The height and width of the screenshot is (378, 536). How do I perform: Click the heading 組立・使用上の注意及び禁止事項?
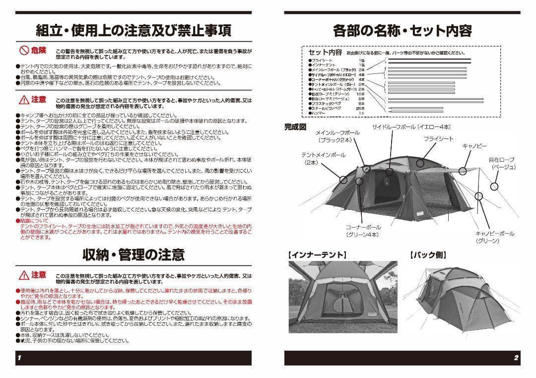click(x=134, y=31)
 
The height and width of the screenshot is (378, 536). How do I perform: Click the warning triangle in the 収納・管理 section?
click(x=24, y=275)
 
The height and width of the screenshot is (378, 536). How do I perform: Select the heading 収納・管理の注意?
click(x=134, y=255)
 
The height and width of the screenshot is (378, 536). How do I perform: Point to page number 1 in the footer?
click(x=19, y=358)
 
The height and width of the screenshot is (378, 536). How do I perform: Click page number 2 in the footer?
click(x=516, y=358)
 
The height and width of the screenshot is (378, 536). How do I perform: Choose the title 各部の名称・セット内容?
click(x=402, y=31)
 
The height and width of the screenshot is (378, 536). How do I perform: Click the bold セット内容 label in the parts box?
click(x=325, y=53)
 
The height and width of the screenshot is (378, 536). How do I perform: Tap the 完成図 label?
click(x=295, y=126)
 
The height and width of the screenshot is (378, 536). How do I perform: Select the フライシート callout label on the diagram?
click(x=438, y=139)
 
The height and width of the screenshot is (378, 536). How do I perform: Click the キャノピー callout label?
click(x=475, y=147)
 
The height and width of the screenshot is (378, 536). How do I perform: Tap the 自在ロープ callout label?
click(x=501, y=160)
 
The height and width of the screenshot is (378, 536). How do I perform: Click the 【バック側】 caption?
click(x=428, y=255)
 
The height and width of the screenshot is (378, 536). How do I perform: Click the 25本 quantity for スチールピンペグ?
click(x=360, y=108)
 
